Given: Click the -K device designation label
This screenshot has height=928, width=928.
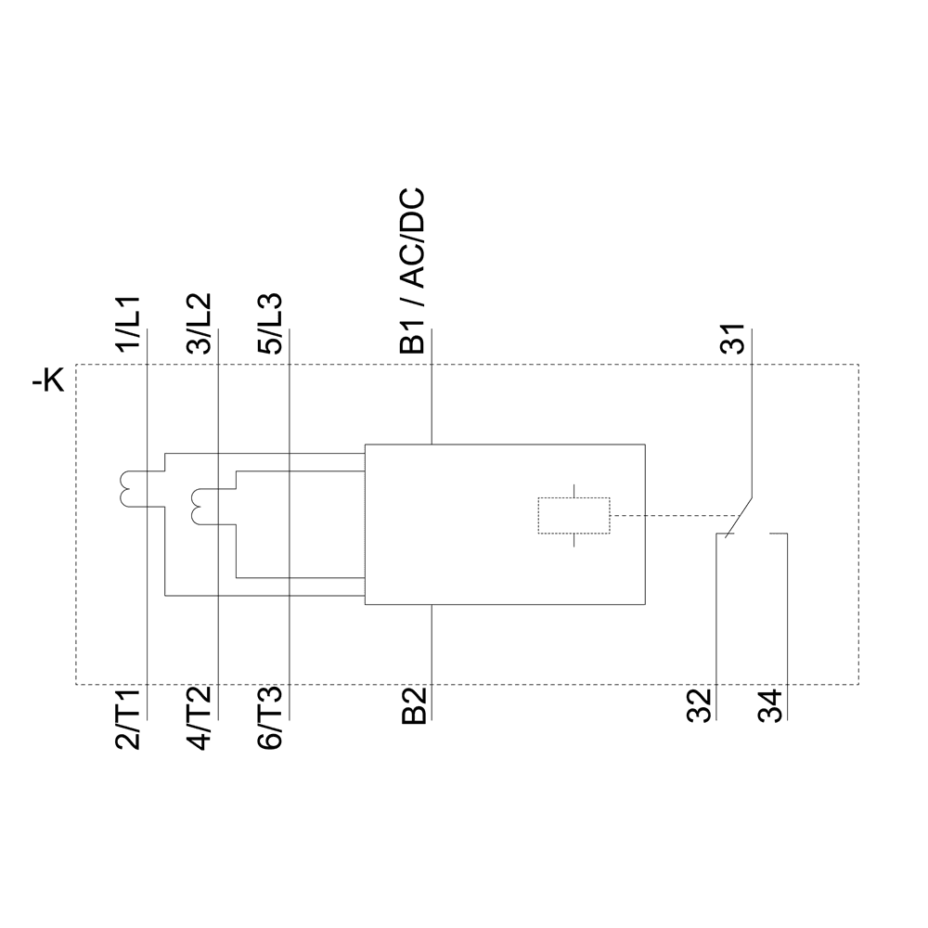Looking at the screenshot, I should (x=48, y=380).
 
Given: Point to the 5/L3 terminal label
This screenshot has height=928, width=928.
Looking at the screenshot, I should (x=271, y=324).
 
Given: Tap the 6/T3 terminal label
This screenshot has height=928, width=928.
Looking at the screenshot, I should (x=271, y=718).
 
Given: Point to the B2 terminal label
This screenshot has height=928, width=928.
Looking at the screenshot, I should (x=413, y=706).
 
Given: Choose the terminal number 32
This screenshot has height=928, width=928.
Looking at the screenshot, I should (x=702, y=706).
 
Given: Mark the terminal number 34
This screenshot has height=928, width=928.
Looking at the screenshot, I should (x=770, y=706).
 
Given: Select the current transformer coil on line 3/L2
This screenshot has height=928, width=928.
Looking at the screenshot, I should (x=198, y=505).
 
